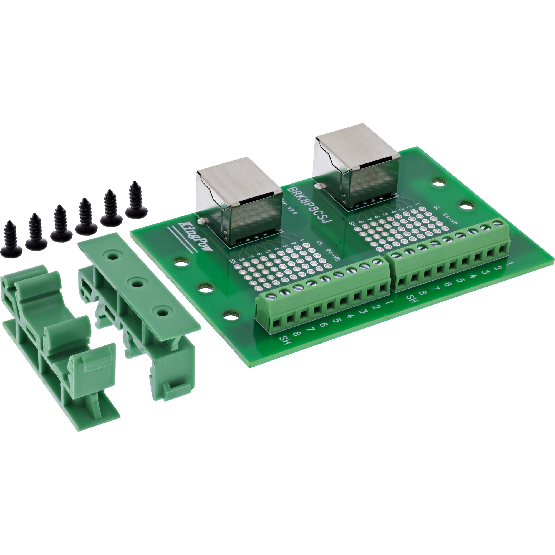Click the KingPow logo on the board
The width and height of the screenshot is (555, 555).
click(195, 237)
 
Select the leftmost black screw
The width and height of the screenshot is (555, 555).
click(11, 239)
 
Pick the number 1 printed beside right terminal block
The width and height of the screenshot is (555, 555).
click(511, 263)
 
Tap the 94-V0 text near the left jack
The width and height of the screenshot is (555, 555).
click(333, 254)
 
